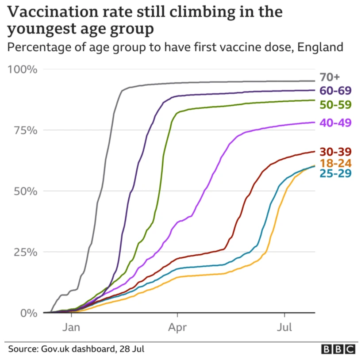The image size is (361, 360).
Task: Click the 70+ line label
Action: click(x=330, y=77)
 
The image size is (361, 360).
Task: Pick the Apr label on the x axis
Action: click(x=177, y=328)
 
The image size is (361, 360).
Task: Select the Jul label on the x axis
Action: click(x=284, y=328)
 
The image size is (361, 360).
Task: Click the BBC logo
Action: click(x=338, y=349)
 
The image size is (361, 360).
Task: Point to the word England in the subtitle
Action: click(x=320, y=47)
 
